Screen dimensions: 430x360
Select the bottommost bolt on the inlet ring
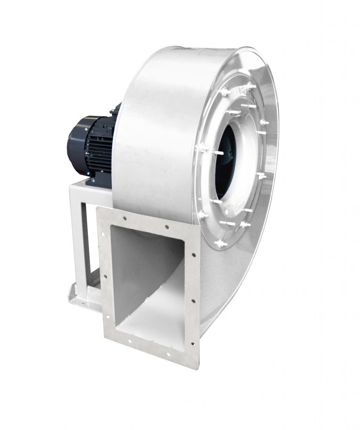coord(220,243)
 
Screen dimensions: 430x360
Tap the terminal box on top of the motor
coord(115,110)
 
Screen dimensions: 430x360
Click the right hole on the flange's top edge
coord(167,227)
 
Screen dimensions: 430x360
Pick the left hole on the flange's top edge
coord(125,218)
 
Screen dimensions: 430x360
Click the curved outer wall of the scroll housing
coord(155,126)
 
